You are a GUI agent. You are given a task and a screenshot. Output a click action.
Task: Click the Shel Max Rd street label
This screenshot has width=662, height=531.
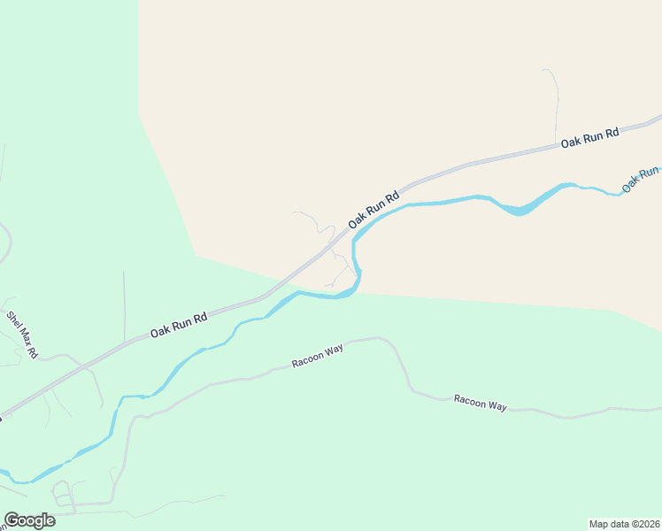coord(23,335)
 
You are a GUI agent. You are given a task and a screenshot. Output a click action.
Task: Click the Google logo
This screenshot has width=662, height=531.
coord(29,520)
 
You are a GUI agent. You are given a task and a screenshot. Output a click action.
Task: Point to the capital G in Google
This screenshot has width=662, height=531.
coord(12,520)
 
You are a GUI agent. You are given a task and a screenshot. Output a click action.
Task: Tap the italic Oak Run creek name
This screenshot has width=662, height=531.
coord(641,180)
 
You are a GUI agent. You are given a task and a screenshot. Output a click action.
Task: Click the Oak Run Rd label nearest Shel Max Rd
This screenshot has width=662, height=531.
coord(178,326)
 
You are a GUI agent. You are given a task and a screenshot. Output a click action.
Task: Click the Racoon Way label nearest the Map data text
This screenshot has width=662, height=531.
coord(480,403)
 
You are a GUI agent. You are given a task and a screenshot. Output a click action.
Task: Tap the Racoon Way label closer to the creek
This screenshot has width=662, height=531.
coord(318,357)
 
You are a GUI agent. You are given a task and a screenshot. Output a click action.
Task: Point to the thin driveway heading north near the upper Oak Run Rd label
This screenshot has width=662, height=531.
coord(556,97)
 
